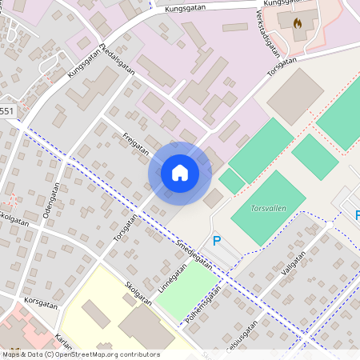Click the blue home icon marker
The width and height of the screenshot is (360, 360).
click(x=180, y=173)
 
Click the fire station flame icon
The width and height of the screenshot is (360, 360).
click(x=298, y=25)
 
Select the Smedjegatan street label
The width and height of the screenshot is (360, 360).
click(x=194, y=254)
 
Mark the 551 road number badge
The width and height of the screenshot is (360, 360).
click(x=6, y=111)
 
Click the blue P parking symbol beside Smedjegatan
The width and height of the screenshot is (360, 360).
click(x=216, y=240)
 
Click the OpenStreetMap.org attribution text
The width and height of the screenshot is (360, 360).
click(x=104, y=354)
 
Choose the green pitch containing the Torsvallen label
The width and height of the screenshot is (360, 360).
click(x=268, y=206)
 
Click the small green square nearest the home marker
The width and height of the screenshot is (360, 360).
click(x=231, y=181)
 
